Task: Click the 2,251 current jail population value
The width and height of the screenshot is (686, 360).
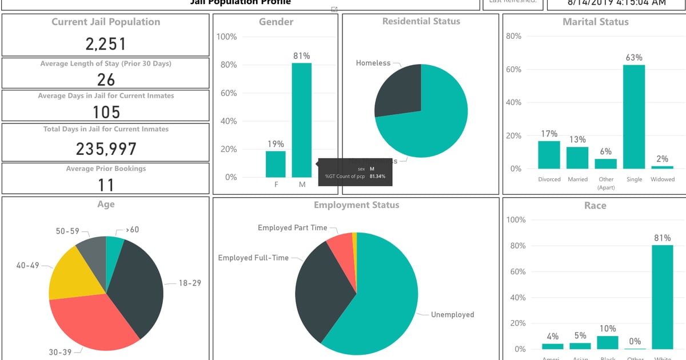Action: click(x=106, y=44)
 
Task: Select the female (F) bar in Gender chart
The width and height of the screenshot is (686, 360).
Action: click(x=276, y=164)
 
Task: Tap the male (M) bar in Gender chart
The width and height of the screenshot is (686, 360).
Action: click(x=302, y=120)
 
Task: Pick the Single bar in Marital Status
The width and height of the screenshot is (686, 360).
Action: click(x=634, y=117)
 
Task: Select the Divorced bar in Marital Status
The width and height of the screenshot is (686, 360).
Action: click(x=549, y=155)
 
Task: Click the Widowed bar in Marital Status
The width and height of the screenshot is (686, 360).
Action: click(x=662, y=167)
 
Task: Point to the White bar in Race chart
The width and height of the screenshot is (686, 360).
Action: click(x=662, y=297)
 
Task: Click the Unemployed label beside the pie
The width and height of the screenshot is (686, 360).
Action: click(x=452, y=314)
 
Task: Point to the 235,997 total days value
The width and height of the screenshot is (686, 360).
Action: click(x=106, y=149)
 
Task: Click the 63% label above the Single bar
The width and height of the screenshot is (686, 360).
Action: click(x=634, y=58)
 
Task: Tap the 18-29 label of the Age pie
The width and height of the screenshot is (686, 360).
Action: click(x=190, y=283)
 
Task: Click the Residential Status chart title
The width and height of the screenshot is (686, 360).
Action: click(x=421, y=22)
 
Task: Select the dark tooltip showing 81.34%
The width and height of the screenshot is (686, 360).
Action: click(x=355, y=173)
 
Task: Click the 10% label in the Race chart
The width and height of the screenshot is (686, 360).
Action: click(x=608, y=329)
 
